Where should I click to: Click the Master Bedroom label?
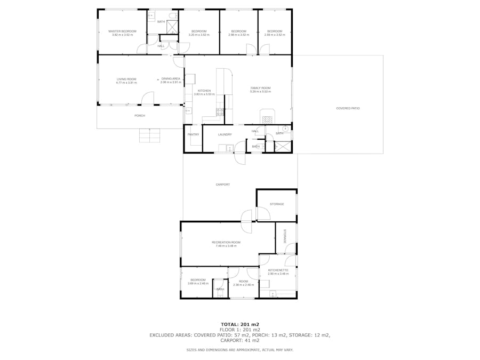click(122, 31)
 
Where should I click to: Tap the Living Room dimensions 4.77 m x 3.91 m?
click(127, 83)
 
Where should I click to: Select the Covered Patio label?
click(348, 108)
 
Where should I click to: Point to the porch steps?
click(150, 135)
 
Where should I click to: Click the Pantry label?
click(193, 134)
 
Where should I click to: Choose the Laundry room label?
click(225, 134)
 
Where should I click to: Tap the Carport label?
click(222, 185)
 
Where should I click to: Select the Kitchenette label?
click(278, 270)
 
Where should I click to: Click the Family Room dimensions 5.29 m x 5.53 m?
click(261, 92)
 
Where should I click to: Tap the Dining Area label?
click(171, 79)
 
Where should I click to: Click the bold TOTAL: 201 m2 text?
click(239, 324)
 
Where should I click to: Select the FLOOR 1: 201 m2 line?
click(239, 330)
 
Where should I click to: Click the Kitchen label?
click(204, 91)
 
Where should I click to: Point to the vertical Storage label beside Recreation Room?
click(285, 236)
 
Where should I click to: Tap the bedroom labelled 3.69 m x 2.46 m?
click(197, 283)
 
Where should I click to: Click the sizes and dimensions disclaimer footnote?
click(239, 350)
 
